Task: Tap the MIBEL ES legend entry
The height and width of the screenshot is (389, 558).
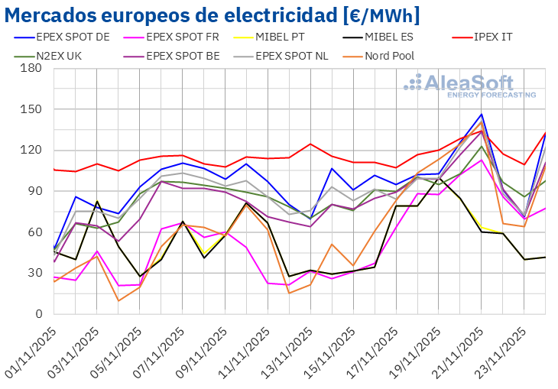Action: [x=409, y=36]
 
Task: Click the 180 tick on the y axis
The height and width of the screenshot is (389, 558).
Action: [x=31, y=68]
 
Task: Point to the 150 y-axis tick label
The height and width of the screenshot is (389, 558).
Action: [x=31, y=109]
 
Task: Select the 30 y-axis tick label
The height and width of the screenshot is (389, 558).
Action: [x=34, y=273]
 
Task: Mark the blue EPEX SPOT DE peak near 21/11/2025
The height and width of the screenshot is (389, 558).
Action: [x=482, y=115]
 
